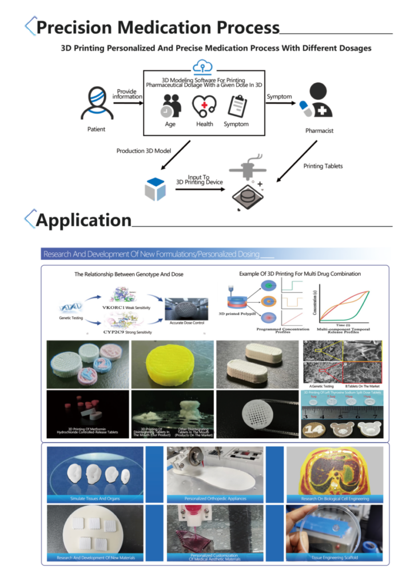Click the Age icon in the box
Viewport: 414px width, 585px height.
pyautogui.click(x=171, y=106)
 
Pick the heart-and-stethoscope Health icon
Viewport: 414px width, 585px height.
pyautogui.click(x=204, y=106)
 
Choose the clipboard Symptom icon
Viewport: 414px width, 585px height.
pyautogui.click(x=236, y=106)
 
